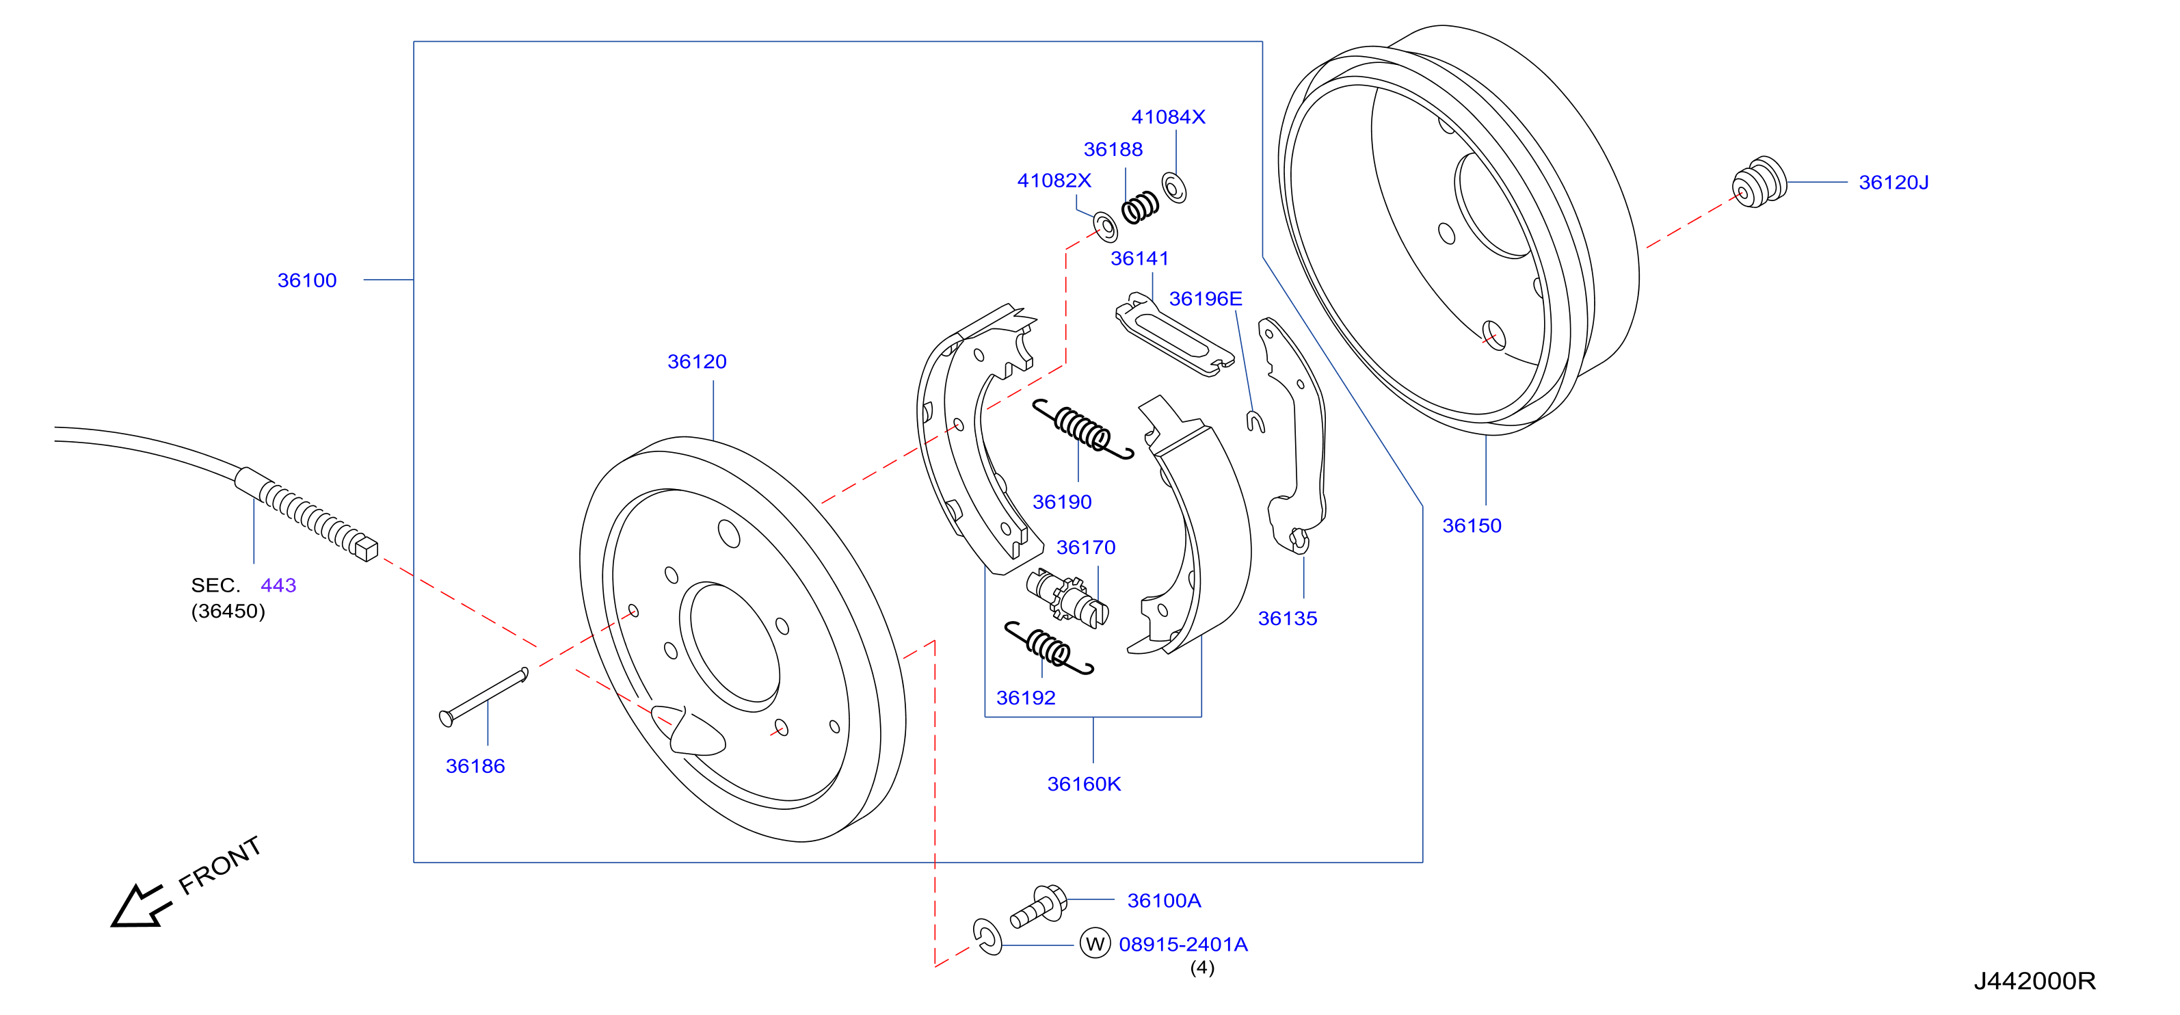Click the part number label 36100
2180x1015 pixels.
306,280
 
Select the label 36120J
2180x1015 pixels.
1893,182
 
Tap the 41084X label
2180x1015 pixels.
1168,117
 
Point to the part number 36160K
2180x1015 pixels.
1084,784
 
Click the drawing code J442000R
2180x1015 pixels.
2034,980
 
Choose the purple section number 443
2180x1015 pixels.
278,585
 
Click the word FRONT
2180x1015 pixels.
220,865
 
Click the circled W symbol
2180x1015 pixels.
1095,943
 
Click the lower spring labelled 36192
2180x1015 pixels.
1048,648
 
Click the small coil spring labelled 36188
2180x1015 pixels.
1140,207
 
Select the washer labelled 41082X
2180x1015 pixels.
1105,227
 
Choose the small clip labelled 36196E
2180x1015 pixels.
1256,421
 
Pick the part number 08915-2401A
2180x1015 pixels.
1183,944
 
